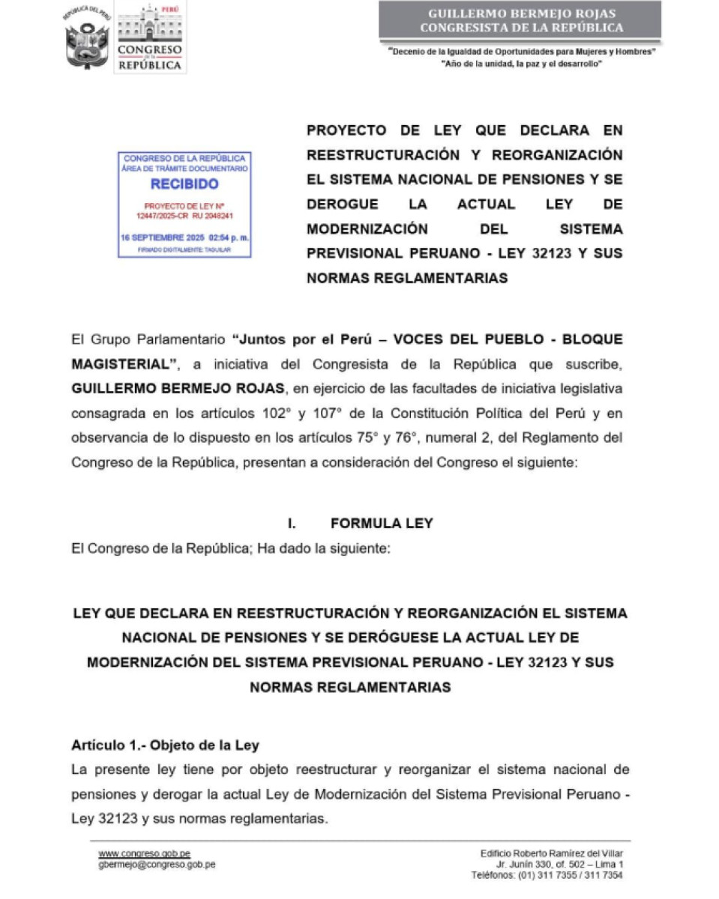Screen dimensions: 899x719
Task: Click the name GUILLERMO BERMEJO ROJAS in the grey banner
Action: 521,13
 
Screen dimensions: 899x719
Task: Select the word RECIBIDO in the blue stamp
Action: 184,184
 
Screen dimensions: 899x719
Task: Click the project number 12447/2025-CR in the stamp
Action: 160,215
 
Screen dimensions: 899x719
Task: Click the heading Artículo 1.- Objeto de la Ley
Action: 165,745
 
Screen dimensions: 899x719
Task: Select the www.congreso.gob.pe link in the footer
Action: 144,853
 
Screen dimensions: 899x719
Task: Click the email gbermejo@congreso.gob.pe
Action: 157,864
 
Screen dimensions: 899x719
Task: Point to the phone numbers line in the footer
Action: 547,874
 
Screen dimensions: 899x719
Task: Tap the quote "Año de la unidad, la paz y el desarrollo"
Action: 522,64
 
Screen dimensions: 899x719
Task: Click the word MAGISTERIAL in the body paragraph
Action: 120,364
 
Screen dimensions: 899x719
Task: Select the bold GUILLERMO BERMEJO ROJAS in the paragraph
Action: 172,390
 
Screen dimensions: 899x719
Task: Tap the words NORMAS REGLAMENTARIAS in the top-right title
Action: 407,278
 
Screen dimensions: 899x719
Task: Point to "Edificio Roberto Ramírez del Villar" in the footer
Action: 551,853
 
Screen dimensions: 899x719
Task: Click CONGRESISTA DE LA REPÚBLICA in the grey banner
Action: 521,28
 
